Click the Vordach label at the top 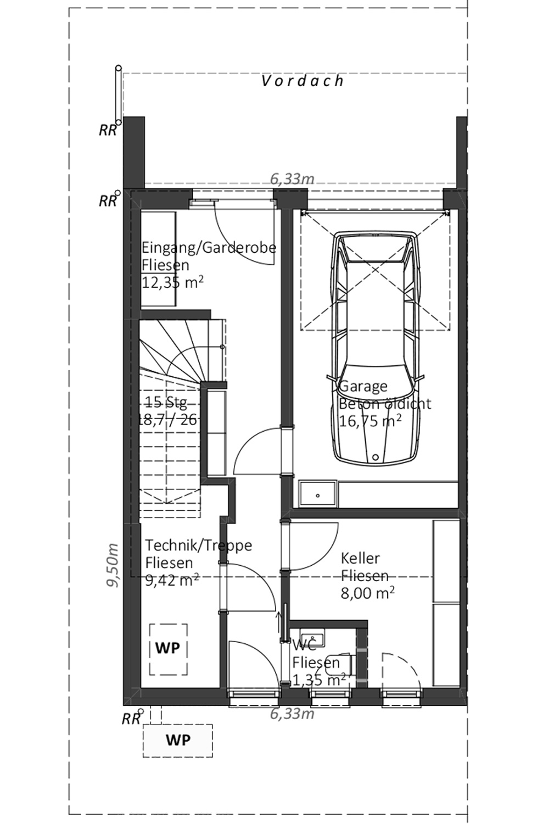click(x=302, y=81)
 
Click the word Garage click(x=363, y=386)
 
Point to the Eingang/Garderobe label click(x=209, y=248)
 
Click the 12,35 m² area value click(x=172, y=282)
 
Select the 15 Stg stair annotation click(x=166, y=402)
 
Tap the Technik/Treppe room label click(x=199, y=545)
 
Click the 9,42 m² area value click(x=172, y=581)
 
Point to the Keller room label click(x=360, y=559)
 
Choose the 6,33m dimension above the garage click(x=292, y=179)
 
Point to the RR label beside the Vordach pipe click(x=108, y=130)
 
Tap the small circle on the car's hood click(x=376, y=457)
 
